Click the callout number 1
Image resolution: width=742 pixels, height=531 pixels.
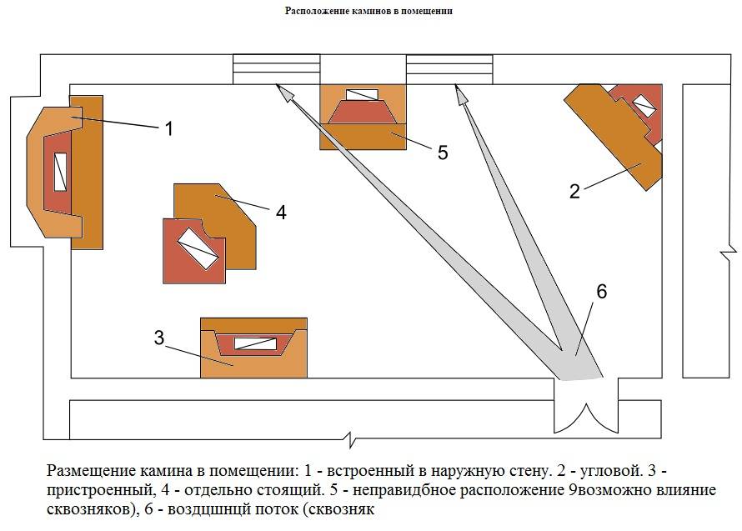click(x=168, y=128)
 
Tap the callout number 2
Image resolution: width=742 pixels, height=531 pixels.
click(x=574, y=191)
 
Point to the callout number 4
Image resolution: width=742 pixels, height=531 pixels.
click(x=281, y=212)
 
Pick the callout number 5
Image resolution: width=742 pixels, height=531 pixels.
click(x=443, y=152)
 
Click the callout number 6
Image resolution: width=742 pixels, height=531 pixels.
click(x=601, y=292)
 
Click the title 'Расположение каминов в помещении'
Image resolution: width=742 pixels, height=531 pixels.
click(x=369, y=12)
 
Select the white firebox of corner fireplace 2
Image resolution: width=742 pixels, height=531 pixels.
click(x=644, y=106)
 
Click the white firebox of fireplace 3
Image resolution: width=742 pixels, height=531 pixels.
click(x=253, y=343)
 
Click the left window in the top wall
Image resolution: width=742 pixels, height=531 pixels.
click(x=276, y=69)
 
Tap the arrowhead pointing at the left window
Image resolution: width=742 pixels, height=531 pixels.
click(x=284, y=93)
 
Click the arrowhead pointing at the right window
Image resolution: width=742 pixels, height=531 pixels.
click(x=459, y=93)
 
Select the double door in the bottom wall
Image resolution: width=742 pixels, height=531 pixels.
click(x=586, y=408)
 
